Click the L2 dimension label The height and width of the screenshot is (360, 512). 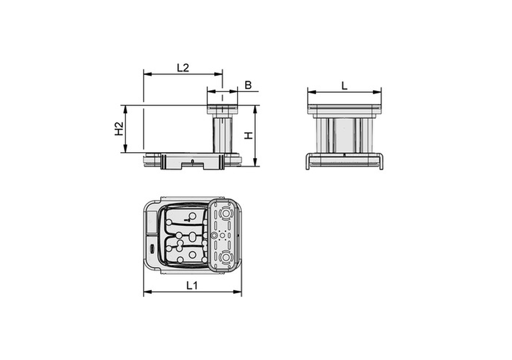point(183,68)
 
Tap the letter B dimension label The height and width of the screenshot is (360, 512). point(248,85)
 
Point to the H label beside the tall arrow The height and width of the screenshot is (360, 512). point(249,136)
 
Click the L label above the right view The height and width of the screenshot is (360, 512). point(345,86)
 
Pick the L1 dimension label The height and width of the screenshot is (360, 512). point(192,285)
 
